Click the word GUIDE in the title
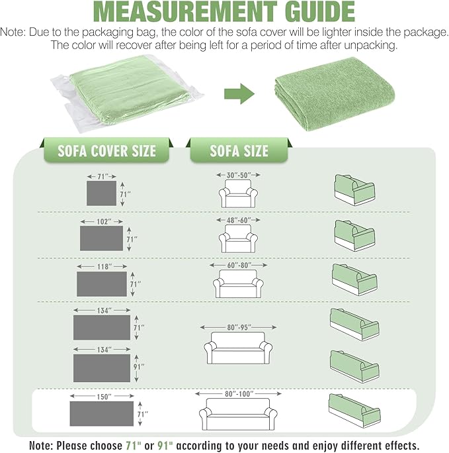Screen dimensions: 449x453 pos(320,11)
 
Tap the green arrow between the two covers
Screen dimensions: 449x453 pos(239,94)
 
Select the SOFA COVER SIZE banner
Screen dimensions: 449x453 pos(106,151)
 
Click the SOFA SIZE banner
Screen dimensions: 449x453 pos(239,151)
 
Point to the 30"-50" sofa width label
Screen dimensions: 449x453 pos(239,175)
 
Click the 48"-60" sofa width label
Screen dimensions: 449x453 pos(239,220)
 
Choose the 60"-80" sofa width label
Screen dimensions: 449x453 pos(239,265)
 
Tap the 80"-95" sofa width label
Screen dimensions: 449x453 pos(239,327)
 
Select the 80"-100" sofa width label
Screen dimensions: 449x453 pos(239,394)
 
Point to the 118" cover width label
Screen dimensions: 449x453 pos(104,266)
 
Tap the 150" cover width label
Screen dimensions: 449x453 pos(104,396)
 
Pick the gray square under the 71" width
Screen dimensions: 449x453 pos(102,193)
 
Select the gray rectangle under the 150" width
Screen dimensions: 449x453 pos(102,413)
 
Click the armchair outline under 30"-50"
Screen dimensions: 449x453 pos(238,193)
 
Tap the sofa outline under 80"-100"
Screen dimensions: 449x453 pos(238,414)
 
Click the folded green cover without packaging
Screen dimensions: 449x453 pos(335,94)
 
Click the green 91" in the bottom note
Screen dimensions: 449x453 pos(165,446)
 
